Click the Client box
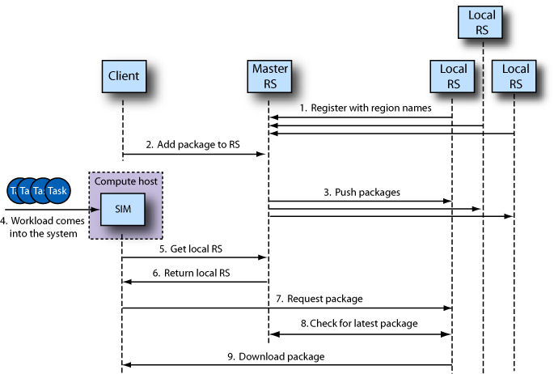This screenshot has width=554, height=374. (123, 76)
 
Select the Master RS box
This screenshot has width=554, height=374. (268, 76)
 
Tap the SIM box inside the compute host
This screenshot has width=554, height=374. (122, 210)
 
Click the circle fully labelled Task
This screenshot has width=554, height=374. (57, 190)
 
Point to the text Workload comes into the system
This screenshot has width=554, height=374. (40, 227)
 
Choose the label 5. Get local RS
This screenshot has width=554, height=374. (189, 249)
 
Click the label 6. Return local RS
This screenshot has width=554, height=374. (191, 274)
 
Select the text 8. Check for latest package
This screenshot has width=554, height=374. (359, 324)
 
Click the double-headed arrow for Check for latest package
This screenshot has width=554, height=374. (359, 334)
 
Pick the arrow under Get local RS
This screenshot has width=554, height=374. (194, 258)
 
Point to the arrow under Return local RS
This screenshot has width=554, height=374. (194, 283)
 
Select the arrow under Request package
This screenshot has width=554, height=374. (287, 308)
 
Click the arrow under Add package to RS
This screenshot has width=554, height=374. (194, 154)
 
